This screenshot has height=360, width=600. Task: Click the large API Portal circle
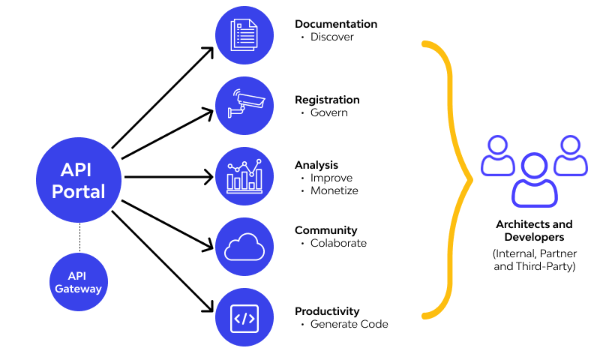(79, 179)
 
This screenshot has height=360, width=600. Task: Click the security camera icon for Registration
(244, 106)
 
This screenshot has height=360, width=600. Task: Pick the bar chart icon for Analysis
(244, 176)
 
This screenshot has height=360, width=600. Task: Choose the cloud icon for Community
(244, 247)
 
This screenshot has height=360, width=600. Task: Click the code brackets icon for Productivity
(244, 317)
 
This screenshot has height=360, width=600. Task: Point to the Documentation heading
(335, 24)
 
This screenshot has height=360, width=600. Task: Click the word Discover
(331, 37)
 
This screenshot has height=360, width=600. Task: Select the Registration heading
(327, 100)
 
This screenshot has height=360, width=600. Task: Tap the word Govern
(328, 112)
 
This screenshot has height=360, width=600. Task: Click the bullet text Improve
(331, 178)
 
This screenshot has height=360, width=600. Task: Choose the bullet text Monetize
(334, 190)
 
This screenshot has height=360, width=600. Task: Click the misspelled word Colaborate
(338, 243)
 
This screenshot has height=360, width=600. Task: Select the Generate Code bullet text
(349, 324)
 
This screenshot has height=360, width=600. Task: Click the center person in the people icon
(534, 180)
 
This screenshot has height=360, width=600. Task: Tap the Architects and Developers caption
(534, 229)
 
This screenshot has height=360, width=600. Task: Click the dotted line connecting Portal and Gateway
(79, 238)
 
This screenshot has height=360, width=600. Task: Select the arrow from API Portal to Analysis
(169, 178)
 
